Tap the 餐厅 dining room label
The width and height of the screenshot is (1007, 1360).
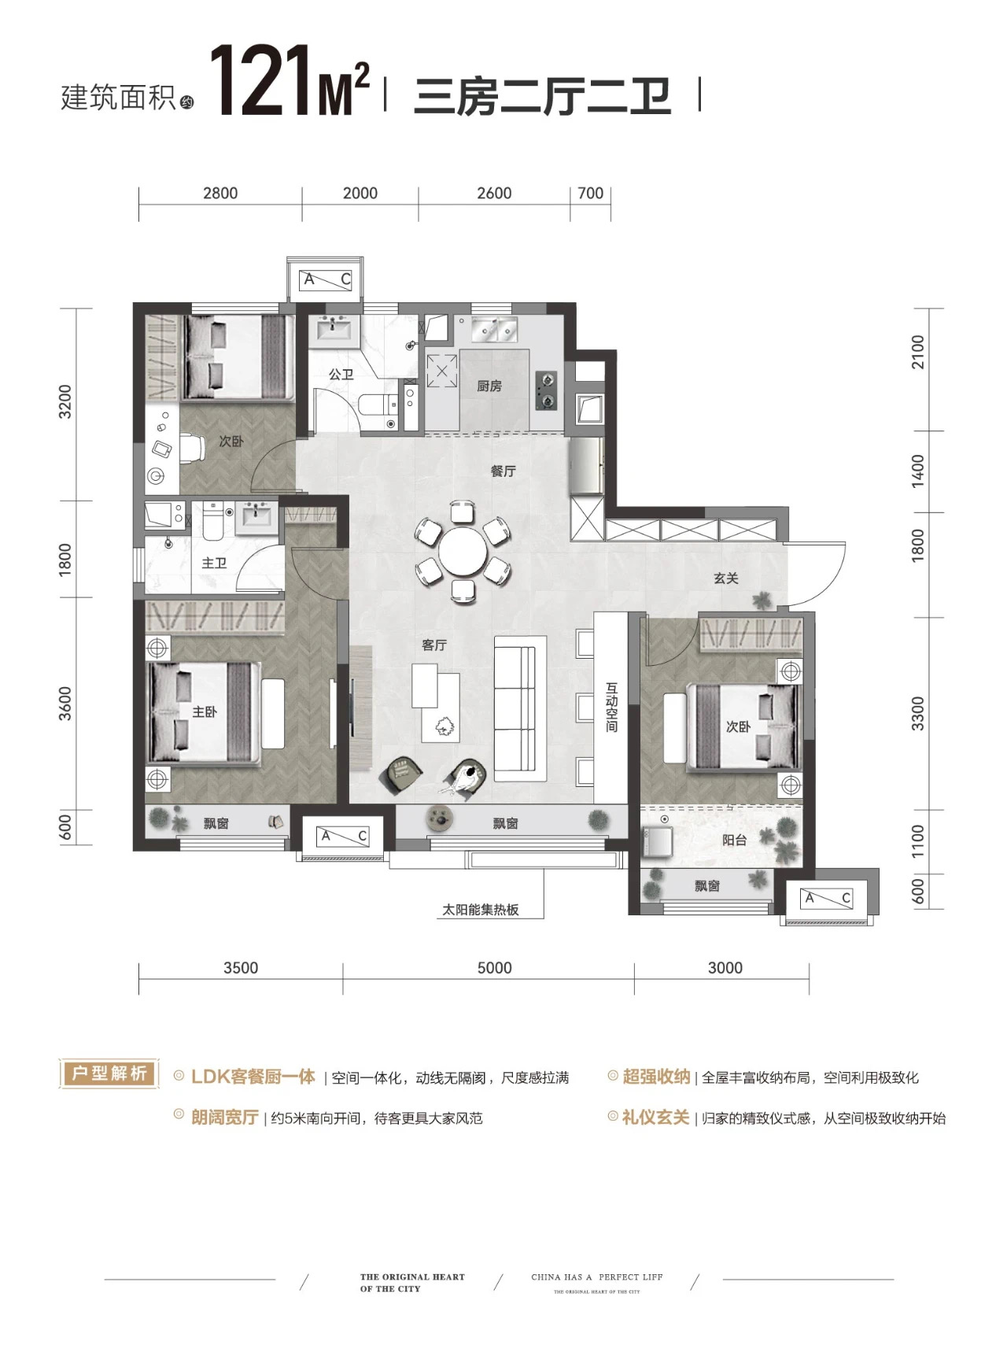coord(503,471)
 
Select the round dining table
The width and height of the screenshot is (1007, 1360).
coord(463,553)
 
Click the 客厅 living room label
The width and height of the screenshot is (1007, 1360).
coord(434,645)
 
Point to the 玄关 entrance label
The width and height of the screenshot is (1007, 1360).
coord(726,578)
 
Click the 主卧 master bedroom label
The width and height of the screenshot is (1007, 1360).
coord(204,711)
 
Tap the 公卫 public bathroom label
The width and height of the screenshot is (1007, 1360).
coord(341,375)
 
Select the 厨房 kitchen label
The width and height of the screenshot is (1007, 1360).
coord(489,386)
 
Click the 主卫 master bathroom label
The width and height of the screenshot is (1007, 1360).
coord(214,564)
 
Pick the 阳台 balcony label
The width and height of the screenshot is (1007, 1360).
coord(735,840)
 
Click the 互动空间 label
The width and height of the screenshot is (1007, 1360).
coord(612,707)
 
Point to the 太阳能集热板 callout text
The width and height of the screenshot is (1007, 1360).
coord(481,910)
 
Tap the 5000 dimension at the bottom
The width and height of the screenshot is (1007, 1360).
coord(494,968)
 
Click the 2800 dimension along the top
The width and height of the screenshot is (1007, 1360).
coord(220,194)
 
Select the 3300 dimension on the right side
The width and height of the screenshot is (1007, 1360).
coord(918,713)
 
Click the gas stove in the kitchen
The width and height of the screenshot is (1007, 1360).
coord(547,391)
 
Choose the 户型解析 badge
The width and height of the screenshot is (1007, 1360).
coord(109,1074)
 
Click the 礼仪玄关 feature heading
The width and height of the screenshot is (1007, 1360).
coord(656,1118)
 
